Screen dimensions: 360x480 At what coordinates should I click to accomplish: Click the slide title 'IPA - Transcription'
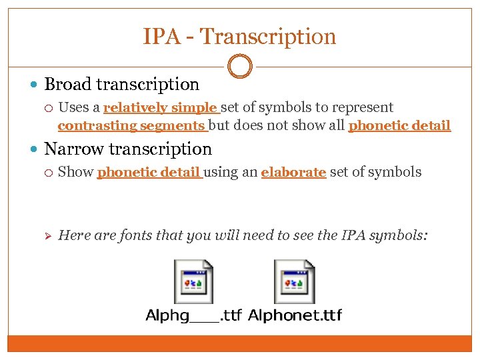tap(239, 37)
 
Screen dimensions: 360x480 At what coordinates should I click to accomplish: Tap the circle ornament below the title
tap(239, 67)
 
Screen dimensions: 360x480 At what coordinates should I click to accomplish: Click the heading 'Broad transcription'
tap(121, 85)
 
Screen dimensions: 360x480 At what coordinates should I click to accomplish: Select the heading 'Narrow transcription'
tap(127, 149)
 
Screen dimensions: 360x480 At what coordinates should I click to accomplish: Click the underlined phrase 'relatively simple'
tap(161, 108)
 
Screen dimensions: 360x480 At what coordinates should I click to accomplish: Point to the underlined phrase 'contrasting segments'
tap(131, 125)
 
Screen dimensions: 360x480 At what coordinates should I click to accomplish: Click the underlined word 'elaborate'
tap(293, 172)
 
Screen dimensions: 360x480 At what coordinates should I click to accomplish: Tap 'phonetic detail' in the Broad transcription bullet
tap(399, 125)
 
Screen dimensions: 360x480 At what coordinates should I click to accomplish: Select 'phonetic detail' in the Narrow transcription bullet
tap(149, 172)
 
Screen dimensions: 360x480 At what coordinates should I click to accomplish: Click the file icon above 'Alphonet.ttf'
tap(294, 281)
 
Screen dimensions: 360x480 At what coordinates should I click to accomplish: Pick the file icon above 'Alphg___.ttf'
tap(193, 281)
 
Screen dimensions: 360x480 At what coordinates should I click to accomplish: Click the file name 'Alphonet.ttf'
tap(294, 315)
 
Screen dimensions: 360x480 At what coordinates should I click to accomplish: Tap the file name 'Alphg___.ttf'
tap(193, 315)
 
